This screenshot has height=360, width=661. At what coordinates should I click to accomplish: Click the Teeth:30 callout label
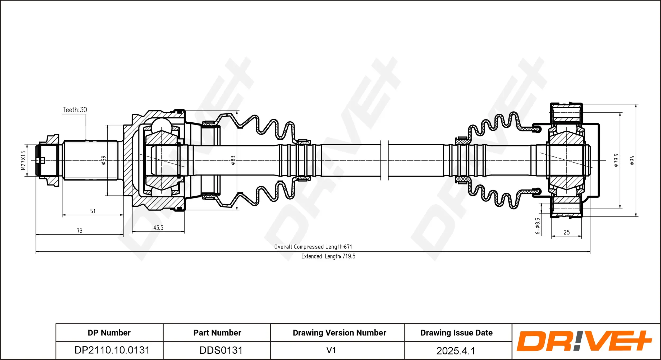pyautogui.click(x=75, y=110)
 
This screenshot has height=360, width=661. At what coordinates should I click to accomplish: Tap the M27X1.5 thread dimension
pyautogui.click(x=23, y=160)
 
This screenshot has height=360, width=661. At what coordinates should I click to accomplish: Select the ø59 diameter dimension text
pyautogui.click(x=104, y=160)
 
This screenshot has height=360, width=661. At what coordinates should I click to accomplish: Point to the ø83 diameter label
pyautogui.click(x=233, y=160)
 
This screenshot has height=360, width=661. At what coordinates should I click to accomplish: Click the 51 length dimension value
pyautogui.click(x=93, y=211)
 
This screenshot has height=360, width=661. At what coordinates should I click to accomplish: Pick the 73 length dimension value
pyautogui.click(x=80, y=231)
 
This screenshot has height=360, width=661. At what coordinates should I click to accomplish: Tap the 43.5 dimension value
pyautogui.click(x=158, y=228)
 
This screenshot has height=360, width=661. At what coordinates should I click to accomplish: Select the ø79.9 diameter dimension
pyautogui.click(x=616, y=160)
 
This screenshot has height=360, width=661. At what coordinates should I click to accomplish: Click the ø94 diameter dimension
pyautogui.click(x=632, y=160)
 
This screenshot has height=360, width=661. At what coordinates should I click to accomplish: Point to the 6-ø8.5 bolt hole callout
pyautogui.click(x=538, y=226)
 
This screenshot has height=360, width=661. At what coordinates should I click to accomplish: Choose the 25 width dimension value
pyautogui.click(x=566, y=232)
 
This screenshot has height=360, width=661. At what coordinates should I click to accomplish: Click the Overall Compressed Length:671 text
pyautogui.click(x=313, y=247)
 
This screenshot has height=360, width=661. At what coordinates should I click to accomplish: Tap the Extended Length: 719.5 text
pyautogui.click(x=328, y=256)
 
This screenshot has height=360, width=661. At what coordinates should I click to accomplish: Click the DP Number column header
pyautogui.click(x=109, y=333)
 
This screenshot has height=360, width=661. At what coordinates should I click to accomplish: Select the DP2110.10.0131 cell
pyautogui.click(x=112, y=350)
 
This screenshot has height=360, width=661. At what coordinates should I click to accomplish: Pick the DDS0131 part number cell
pyautogui.click(x=221, y=350)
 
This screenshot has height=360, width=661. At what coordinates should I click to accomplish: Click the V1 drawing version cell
pyautogui.click(x=331, y=350)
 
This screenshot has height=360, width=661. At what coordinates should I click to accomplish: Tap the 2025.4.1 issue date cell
pyautogui.click(x=456, y=351)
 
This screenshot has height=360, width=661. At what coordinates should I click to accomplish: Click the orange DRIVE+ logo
pyautogui.click(x=584, y=341)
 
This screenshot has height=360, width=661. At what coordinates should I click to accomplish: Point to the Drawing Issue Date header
pyautogui.click(x=456, y=333)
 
